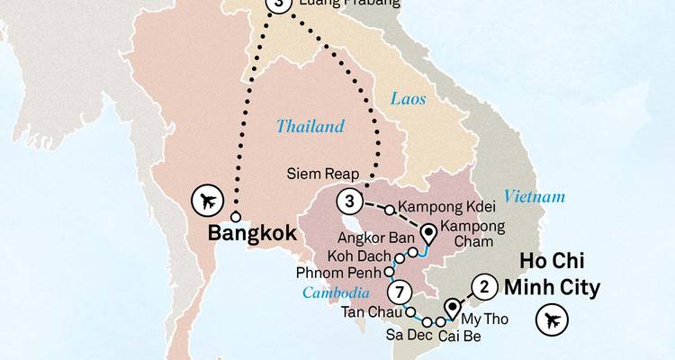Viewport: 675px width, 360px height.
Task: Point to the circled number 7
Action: point(401,292)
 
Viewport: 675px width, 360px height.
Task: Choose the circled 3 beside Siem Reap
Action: point(349,200)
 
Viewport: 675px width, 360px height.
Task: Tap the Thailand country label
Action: point(310,127)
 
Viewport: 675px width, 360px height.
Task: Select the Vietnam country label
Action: point(535,197)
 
